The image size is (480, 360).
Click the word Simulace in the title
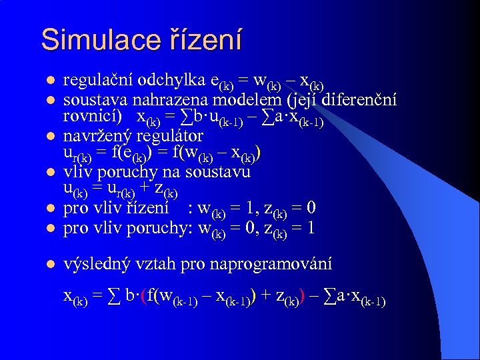tap(98, 39)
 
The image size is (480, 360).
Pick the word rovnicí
tap(93, 117)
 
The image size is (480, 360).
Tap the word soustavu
tap(219, 172)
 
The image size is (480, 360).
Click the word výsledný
tap(95, 263)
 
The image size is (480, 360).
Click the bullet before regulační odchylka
tap(49, 81)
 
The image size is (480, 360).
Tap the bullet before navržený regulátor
tap(49, 137)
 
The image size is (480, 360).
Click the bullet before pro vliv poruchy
tap(49, 228)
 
